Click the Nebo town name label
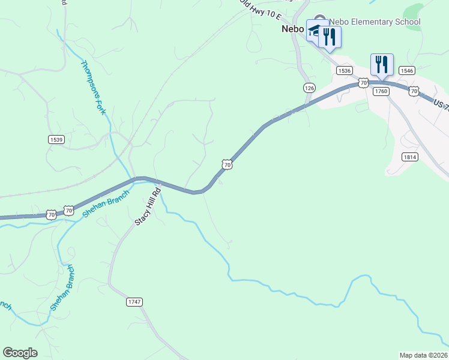pos(294,28)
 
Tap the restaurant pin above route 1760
pos(382,64)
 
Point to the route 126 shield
pos(309,88)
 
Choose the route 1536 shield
pos(344,71)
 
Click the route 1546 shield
pos(406,71)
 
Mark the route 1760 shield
pos(381,91)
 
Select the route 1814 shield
pos(410,157)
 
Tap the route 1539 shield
pos(56,139)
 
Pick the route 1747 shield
pos(134,302)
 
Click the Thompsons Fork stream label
pos(93,88)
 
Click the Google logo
pos(20,353)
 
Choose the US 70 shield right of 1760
pos(414,91)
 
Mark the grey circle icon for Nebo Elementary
pos(320,20)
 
